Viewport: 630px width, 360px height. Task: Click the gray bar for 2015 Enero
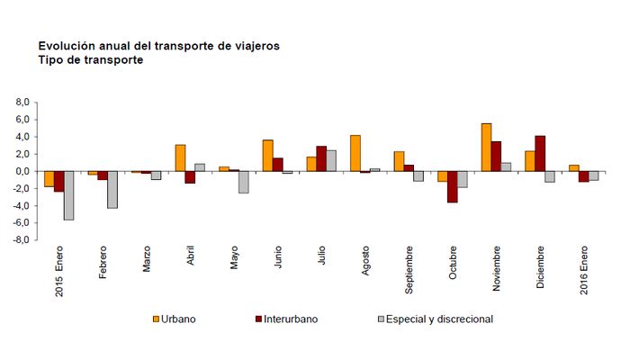pyautogui.click(x=68, y=195)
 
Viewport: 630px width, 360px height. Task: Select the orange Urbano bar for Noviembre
pyautogui.click(x=486, y=148)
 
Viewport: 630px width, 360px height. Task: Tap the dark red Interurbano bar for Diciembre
pyautogui.click(x=540, y=154)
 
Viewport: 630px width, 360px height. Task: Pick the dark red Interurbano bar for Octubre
pyautogui.click(x=452, y=186)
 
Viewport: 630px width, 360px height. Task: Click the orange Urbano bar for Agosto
pyautogui.click(x=355, y=153)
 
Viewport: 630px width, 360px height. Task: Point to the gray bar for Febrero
pyautogui.click(x=112, y=190)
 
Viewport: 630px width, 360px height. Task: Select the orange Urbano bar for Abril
pyautogui.click(x=180, y=157)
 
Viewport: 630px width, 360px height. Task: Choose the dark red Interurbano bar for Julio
pyautogui.click(x=321, y=158)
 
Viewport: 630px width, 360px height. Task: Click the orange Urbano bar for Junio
pyautogui.click(x=267, y=156)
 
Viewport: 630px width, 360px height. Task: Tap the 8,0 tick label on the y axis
pyautogui.click(x=23, y=103)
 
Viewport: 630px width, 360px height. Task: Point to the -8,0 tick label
pyautogui.click(x=22, y=240)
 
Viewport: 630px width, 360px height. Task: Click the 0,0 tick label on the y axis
pyautogui.click(x=23, y=171)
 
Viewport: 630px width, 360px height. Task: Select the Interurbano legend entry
pyautogui.click(x=289, y=319)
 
